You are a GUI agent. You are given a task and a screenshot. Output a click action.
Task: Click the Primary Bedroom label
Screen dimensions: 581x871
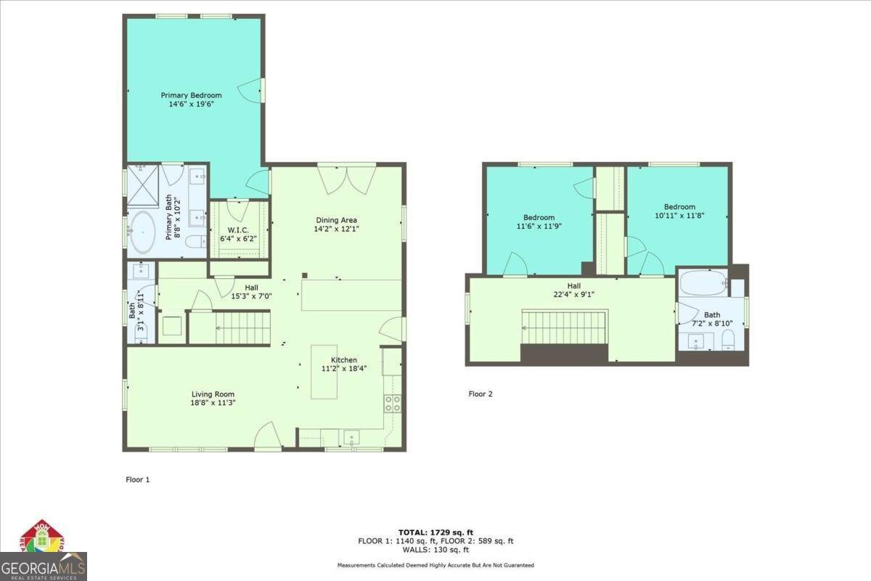point(191,95)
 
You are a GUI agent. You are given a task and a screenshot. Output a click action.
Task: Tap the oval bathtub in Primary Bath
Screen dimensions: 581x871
point(142,231)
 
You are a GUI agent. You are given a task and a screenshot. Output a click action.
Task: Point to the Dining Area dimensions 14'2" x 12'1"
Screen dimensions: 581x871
point(336,229)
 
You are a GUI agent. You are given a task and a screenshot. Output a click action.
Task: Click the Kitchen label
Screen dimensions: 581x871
point(343,360)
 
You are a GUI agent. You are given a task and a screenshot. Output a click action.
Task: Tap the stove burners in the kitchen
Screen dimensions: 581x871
point(392,403)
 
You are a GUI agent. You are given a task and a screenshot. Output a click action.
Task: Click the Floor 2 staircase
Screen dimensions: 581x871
point(564,327)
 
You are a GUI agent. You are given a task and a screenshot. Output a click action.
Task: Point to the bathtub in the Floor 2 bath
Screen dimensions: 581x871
point(703,283)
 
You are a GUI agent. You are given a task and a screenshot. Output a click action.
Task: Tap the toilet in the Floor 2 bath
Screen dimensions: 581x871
point(729,338)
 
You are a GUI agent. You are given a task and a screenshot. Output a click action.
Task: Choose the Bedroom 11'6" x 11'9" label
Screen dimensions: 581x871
point(539,217)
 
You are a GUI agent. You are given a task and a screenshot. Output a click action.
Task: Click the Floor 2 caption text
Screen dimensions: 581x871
point(481,394)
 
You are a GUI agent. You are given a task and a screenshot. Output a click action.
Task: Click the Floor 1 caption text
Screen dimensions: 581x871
point(137,479)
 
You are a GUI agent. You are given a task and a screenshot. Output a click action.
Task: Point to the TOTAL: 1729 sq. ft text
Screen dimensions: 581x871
point(435,532)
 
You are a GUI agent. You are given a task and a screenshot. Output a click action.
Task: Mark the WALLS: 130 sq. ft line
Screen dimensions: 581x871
point(435,550)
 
